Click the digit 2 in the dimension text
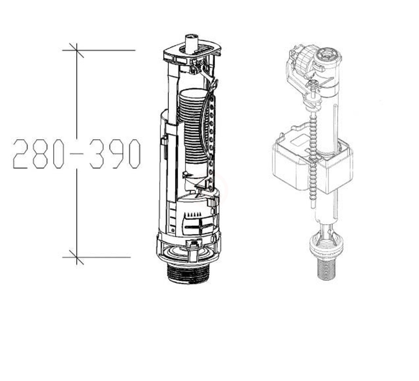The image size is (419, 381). (20, 154)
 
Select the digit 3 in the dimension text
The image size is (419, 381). (97, 154)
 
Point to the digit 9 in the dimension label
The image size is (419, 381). (116, 154)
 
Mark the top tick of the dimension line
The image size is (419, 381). (77, 50)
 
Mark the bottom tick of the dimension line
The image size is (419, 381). (77, 257)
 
